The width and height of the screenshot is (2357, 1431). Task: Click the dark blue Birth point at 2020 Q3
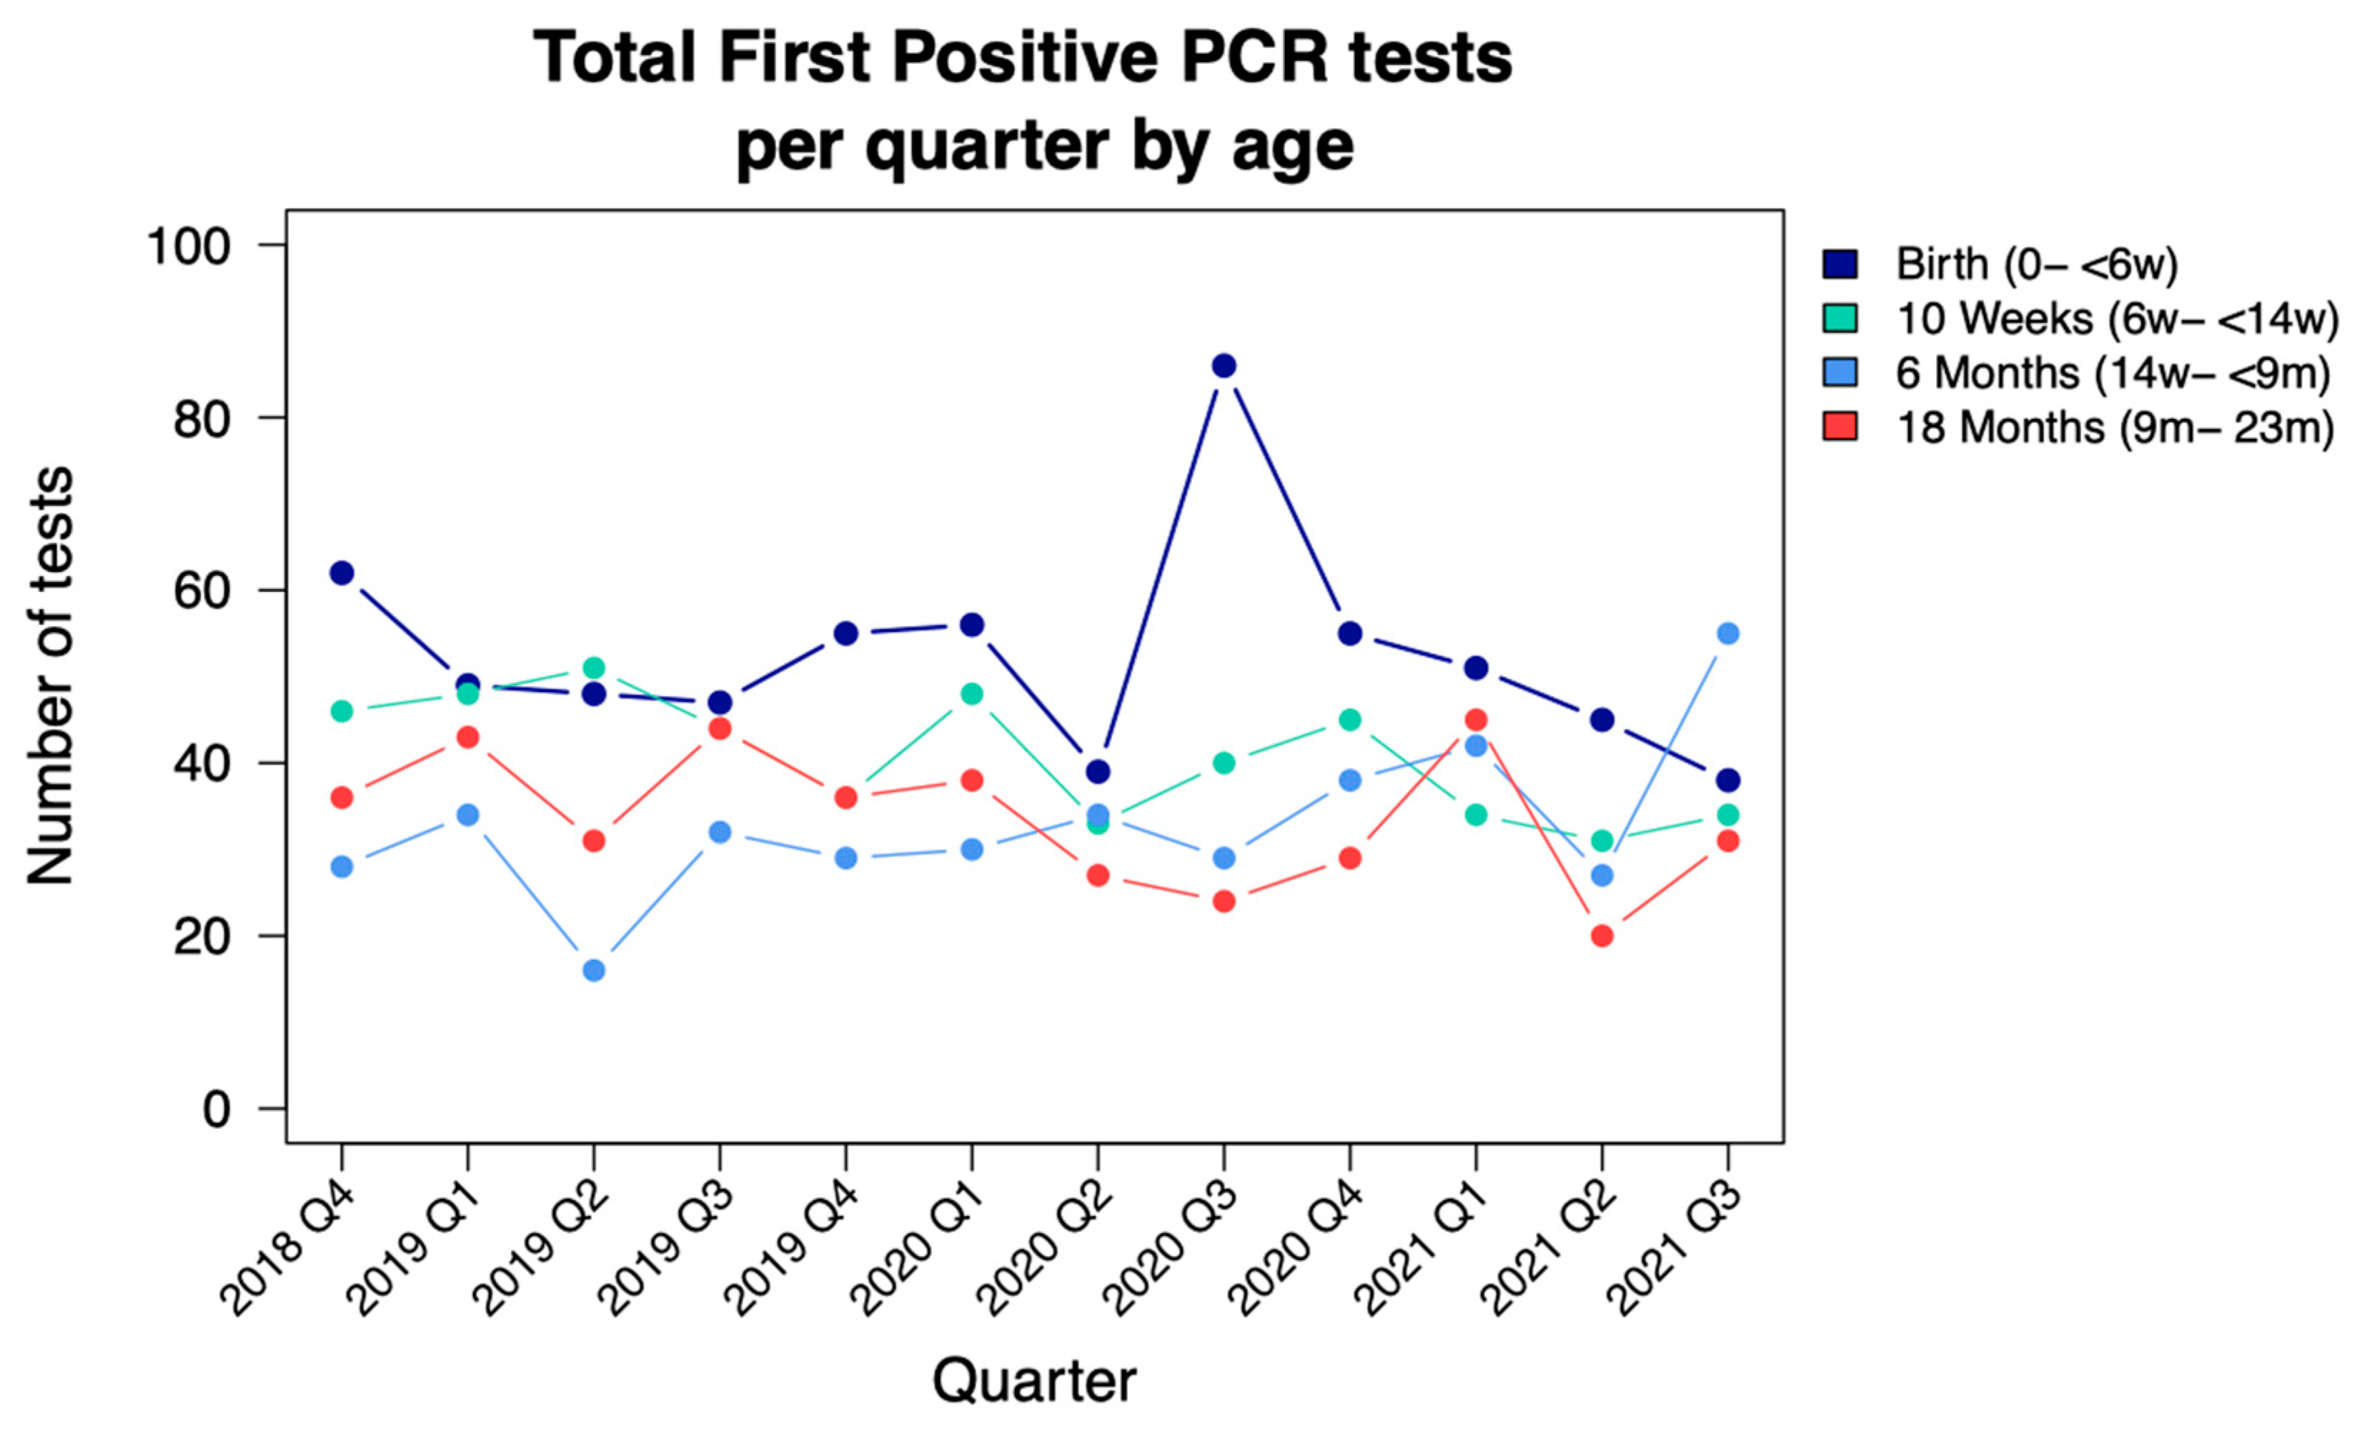click(x=1224, y=365)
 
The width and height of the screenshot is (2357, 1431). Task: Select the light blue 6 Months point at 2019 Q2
click(x=593, y=970)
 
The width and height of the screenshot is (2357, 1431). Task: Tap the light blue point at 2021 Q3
click(x=1727, y=633)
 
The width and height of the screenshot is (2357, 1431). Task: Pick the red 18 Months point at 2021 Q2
click(x=1602, y=936)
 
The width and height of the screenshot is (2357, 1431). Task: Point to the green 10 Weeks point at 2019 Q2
click(x=593, y=668)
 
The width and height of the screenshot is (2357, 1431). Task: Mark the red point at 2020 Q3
click(x=1224, y=901)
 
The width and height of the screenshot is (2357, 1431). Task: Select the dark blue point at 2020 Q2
click(x=1097, y=771)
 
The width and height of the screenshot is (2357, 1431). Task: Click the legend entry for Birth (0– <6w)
click(x=2035, y=264)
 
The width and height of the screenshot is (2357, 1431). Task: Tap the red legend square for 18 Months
click(x=1840, y=427)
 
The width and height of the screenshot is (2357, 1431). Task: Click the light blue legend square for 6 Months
click(x=1840, y=372)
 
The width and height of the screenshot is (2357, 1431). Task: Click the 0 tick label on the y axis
click(x=216, y=1109)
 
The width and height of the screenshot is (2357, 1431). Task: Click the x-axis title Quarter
click(x=1034, y=1381)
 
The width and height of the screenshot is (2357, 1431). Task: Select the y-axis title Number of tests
click(x=50, y=675)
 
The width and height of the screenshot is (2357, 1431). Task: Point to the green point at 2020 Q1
click(x=971, y=693)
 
